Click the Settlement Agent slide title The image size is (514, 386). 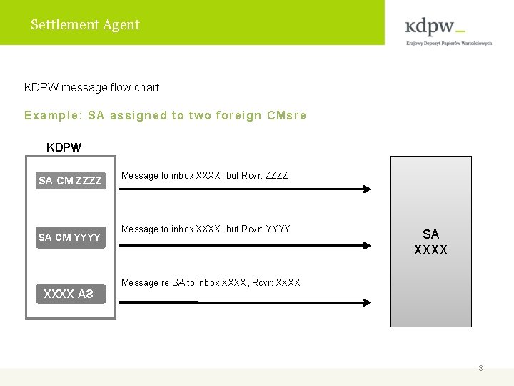point(85,24)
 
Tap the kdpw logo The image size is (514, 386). point(435,27)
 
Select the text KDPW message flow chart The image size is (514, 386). point(91,87)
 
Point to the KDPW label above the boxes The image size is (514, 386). point(64,147)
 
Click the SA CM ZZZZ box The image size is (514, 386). point(70,181)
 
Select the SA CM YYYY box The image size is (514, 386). point(70,237)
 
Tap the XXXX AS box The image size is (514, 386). point(69,294)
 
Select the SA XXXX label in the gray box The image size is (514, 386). point(430,242)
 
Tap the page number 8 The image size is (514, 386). point(480,368)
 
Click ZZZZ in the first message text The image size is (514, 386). point(276,175)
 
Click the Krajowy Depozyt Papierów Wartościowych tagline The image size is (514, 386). point(449,43)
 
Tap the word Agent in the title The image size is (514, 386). point(121,24)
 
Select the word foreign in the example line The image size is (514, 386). point(238,115)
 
